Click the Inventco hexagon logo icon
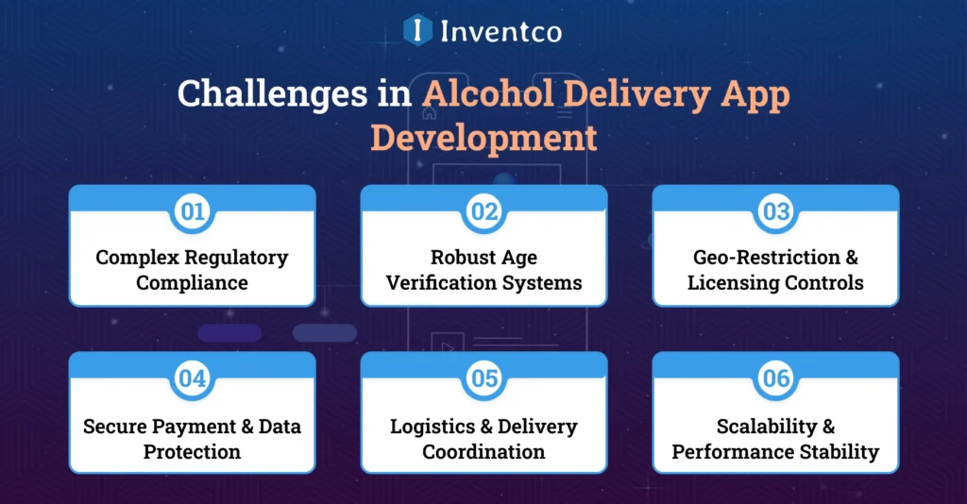coord(417,30)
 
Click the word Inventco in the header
coord(500,31)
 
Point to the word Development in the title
coord(483,137)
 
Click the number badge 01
coord(193,211)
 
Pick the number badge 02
coord(484,211)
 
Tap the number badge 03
coord(776,211)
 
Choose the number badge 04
coord(193,379)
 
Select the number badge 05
coord(484,379)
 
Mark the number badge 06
coord(776,379)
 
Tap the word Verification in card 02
coord(440,282)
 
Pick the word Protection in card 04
coord(193,451)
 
